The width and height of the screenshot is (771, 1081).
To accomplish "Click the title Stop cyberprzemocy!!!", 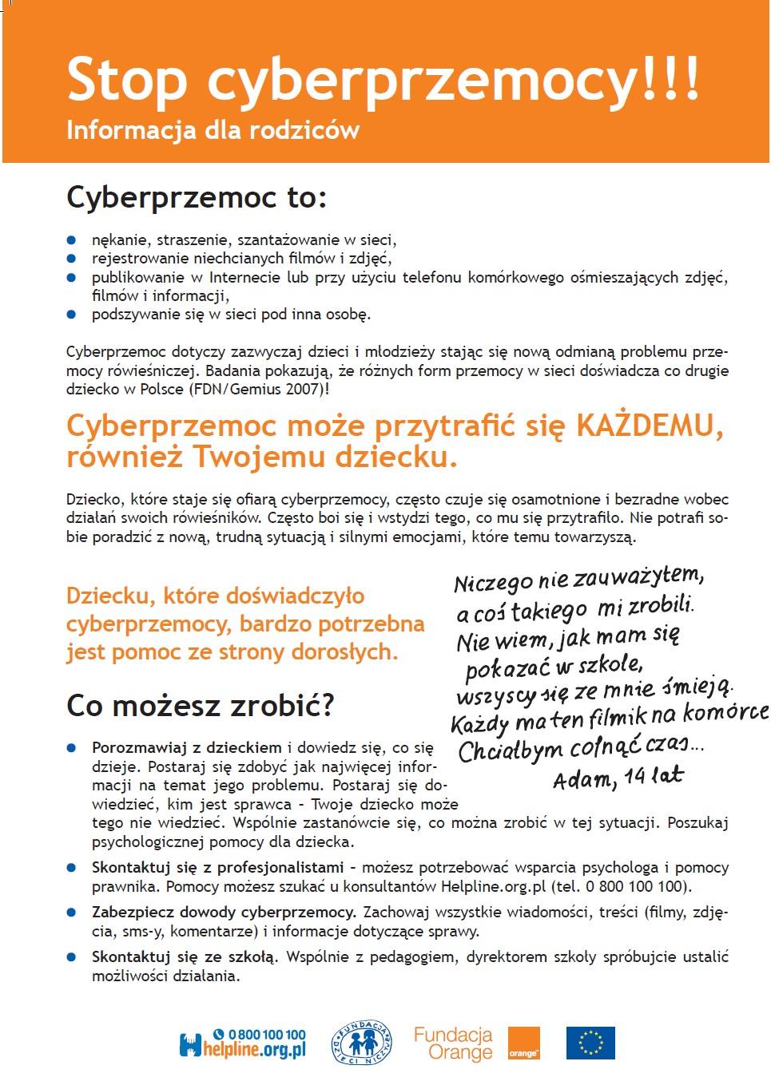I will click(x=384, y=80).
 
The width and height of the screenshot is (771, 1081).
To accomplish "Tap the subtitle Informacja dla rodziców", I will click(x=213, y=129).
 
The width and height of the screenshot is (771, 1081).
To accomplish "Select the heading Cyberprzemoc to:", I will click(x=197, y=197).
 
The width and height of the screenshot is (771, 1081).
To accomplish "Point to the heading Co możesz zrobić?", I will click(x=201, y=705).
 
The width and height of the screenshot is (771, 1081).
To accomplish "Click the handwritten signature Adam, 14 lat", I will click(x=618, y=776).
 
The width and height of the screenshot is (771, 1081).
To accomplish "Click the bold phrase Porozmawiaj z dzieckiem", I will click(x=187, y=748).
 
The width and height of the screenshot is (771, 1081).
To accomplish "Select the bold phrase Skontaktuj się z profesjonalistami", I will click(x=218, y=867).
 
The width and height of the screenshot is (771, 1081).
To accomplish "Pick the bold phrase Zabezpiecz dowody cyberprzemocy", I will click(x=224, y=912).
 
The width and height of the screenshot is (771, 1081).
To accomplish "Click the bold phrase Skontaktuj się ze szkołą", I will click(x=185, y=956).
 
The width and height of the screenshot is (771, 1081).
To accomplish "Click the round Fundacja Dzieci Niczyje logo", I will click(x=361, y=1043).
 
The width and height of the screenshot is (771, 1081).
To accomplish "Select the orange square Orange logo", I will click(x=524, y=1043).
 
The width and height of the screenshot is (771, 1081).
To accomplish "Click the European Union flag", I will click(x=590, y=1043).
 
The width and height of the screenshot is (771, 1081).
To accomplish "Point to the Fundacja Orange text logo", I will click(x=453, y=1043).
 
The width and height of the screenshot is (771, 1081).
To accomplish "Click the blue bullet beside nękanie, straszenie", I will click(x=71, y=240).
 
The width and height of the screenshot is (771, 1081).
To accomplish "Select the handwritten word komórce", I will click(x=726, y=713).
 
